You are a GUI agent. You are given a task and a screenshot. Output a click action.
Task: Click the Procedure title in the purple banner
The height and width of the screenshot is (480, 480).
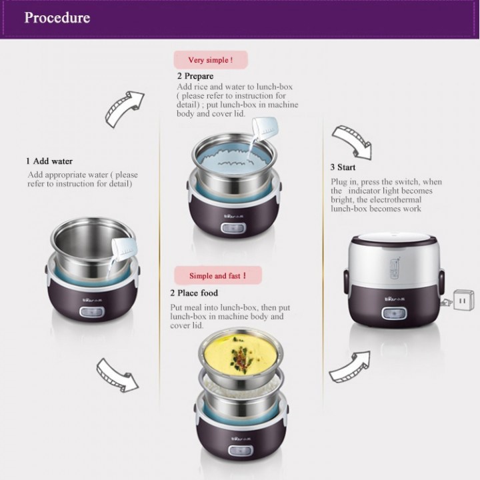click(x=57, y=17)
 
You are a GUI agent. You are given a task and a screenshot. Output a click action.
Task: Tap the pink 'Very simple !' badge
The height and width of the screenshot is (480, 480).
click(x=211, y=60)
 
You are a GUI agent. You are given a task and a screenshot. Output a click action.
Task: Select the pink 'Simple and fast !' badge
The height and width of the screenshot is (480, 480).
click(x=218, y=275)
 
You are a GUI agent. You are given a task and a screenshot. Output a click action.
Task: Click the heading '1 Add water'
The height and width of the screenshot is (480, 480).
click(x=49, y=161)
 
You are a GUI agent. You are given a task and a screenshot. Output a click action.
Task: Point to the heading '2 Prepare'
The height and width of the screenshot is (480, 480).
click(x=195, y=76)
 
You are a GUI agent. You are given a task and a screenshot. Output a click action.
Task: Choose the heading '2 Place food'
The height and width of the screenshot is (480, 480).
click(x=194, y=293)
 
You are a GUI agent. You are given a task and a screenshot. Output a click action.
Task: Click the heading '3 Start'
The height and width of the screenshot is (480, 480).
click(x=343, y=167)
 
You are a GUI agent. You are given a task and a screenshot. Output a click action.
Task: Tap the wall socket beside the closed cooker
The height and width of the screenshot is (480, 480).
click(x=463, y=300)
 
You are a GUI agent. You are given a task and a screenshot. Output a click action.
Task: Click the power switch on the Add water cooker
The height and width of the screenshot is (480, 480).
click(x=92, y=312)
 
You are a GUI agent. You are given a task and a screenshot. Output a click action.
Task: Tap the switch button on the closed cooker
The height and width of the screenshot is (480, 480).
click(x=394, y=314)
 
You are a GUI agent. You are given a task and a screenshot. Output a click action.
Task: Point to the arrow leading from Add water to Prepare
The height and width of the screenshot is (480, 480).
click(x=124, y=109)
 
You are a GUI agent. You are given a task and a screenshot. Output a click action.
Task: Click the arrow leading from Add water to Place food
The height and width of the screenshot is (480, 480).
click(x=117, y=375)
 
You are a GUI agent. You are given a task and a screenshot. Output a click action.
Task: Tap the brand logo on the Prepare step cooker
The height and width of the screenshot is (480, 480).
click(x=233, y=217)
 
